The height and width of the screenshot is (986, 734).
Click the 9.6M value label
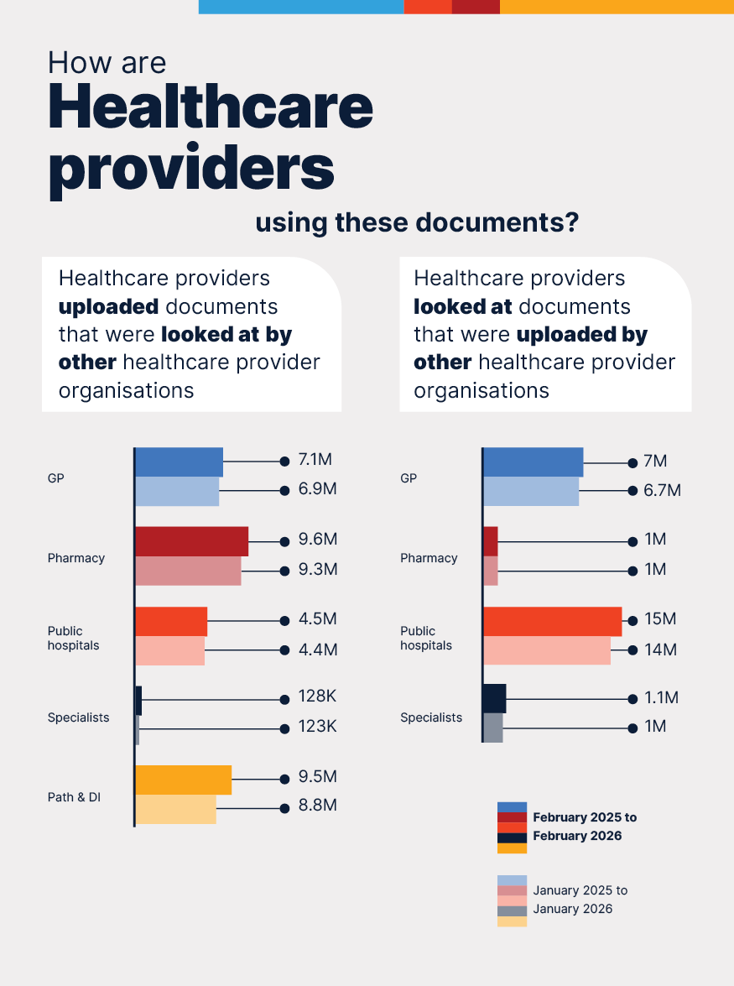point(318,540)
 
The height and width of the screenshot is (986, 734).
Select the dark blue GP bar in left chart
point(179,462)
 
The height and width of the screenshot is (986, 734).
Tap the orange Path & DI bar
point(183,780)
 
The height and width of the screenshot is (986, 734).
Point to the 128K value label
point(317,697)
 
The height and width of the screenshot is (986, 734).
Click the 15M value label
point(659,619)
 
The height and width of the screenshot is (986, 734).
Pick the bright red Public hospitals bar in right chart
point(552,621)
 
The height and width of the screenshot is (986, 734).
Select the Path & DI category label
point(74,797)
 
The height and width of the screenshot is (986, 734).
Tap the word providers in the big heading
point(191,168)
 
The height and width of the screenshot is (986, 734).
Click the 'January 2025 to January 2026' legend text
point(580,900)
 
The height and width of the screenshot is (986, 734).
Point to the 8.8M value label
point(318,806)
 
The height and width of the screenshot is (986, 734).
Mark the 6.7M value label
point(662,490)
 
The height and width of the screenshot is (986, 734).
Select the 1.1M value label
point(661,698)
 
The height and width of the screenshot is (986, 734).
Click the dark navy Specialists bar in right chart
point(494,698)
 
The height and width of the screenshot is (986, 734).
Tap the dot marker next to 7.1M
point(284,461)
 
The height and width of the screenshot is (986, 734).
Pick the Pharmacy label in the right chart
point(429,558)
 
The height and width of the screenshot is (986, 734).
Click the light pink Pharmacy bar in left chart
point(188,571)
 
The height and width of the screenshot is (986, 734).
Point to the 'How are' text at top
point(107,63)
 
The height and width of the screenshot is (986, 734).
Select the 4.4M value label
point(318,650)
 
